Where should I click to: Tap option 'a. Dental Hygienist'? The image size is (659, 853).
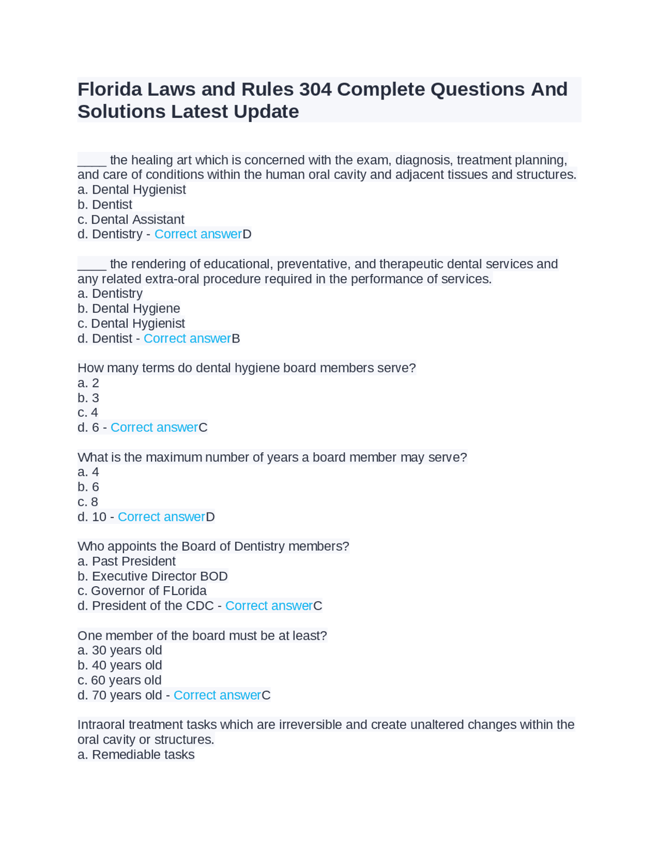[131, 190]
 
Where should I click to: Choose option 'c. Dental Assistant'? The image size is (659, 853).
[131, 219]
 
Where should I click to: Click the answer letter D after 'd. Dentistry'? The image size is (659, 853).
[247, 234]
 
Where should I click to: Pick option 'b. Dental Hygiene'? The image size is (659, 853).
[129, 309]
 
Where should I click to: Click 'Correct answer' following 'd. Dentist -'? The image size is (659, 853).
[187, 338]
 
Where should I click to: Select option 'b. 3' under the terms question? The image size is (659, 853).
[88, 398]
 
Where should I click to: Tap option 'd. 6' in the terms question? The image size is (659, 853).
[88, 428]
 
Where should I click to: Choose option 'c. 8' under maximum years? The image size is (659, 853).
[88, 502]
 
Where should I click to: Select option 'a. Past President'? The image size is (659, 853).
[126, 561]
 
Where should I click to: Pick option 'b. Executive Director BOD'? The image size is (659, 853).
[152, 576]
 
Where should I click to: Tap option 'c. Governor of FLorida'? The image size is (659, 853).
[142, 591]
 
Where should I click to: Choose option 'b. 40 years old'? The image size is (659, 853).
[119, 666]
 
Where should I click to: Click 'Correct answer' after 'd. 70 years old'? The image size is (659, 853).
[217, 695]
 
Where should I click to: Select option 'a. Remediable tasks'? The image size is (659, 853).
[136, 755]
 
